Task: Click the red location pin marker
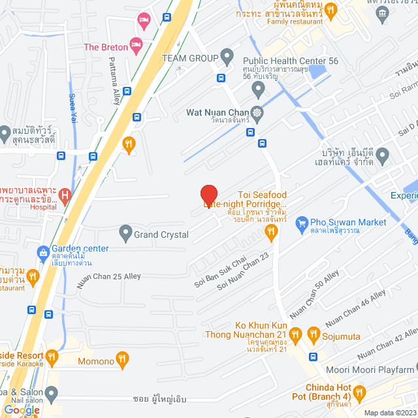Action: coord(208,195)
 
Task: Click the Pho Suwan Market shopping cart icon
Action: coord(301,223)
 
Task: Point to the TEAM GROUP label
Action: coord(190,58)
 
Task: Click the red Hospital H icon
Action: coord(65,195)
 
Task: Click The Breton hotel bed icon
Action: coord(136,46)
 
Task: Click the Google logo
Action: coord(22,410)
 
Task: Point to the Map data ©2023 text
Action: coord(390,413)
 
